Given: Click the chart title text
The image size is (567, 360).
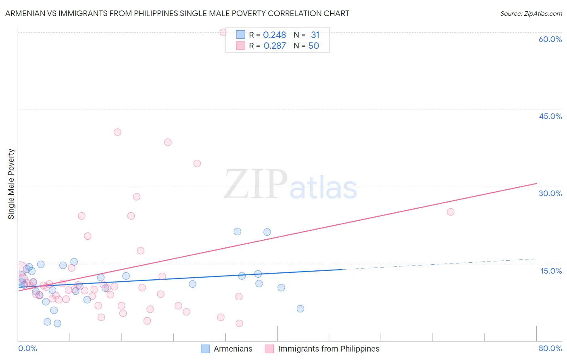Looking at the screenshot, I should pyautogui.click(x=177, y=13).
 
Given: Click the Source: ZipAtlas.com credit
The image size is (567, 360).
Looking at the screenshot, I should pyautogui.click(x=531, y=13).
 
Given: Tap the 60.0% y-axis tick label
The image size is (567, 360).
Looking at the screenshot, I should pyautogui.click(x=550, y=39).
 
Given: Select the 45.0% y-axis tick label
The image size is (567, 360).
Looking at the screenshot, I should pyautogui.click(x=550, y=116).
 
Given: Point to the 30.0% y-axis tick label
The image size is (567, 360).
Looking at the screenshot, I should pyautogui.click(x=550, y=193).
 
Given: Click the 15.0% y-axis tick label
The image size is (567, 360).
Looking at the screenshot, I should pyautogui.click(x=551, y=271).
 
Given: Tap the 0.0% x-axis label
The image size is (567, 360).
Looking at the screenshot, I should pyautogui.click(x=27, y=348).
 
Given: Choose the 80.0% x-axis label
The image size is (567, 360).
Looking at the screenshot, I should pyautogui.click(x=550, y=348).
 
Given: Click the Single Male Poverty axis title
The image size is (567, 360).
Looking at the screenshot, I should pyautogui.click(x=11, y=184).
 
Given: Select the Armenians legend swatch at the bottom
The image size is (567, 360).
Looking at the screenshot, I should pyautogui.click(x=205, y=349).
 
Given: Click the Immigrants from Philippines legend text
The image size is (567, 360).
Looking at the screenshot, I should pyautogui.click(x=329, y=349).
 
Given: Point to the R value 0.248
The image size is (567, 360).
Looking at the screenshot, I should pyautogui.click(x=274, y=35).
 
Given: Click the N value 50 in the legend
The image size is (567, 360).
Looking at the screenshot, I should pyautogui.click(x=313, y=46).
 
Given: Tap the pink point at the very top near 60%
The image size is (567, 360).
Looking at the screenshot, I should pyautogui.click(x=223, y=32).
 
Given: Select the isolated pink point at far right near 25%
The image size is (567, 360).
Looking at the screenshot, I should pyautogui.click(x=450, y=212).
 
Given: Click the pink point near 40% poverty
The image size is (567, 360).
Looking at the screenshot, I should pyautogui.click(x=117, y=132).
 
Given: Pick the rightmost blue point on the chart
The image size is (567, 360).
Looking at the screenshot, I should pyautogui.click(x=300, y=309).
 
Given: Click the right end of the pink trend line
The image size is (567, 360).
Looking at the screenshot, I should pyautogui.click(x=536, y=184).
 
